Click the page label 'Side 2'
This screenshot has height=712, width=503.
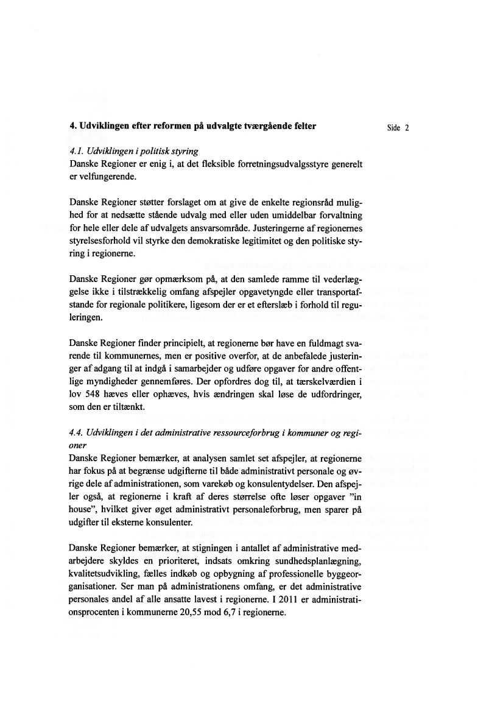point(398,128)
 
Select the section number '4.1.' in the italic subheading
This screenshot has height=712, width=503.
point(77,150)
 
